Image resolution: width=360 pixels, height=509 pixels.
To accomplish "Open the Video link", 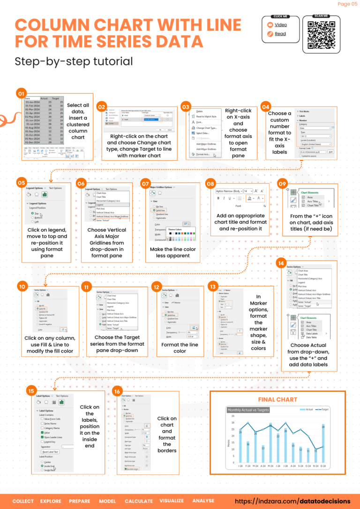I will pos(281,25).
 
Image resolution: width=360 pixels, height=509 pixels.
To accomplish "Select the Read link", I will pos(280,34).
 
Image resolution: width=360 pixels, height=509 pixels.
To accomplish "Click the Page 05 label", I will pos(347,4).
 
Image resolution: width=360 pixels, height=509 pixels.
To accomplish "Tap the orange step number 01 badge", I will pos(21,93).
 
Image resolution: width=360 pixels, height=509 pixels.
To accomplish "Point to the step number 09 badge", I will pos(283,184).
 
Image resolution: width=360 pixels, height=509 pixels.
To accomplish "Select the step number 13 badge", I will pos(213,286).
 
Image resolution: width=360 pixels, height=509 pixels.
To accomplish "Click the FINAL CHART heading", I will pos(277,399).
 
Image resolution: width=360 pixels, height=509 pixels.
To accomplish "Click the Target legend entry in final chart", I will pos(324,409).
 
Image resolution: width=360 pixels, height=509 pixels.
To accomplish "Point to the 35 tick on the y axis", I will pos(233,415).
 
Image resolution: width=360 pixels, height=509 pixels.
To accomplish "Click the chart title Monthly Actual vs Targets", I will pos(248,410).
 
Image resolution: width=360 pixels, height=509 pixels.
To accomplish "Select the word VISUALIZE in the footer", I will pos(172,501).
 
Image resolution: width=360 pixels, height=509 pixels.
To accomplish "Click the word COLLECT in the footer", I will pos(23,501).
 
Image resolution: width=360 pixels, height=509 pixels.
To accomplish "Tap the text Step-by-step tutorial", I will pos(74,61).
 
